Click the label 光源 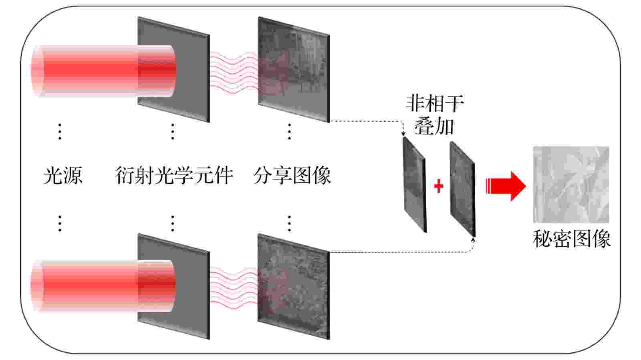(63, 175)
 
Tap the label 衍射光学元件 (174, 175)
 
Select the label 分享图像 (292, 175)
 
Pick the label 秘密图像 (571, 239)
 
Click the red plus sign (439, 186)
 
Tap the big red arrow (506, 186)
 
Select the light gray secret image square (571, 185)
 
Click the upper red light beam (103, 70)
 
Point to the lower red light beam (103, 286)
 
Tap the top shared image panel (294, 70)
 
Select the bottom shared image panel (294, 286)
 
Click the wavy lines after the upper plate (234, 72)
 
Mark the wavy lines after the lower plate (234, 288)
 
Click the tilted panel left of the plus (415, 185)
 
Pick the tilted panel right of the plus (463, 189)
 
